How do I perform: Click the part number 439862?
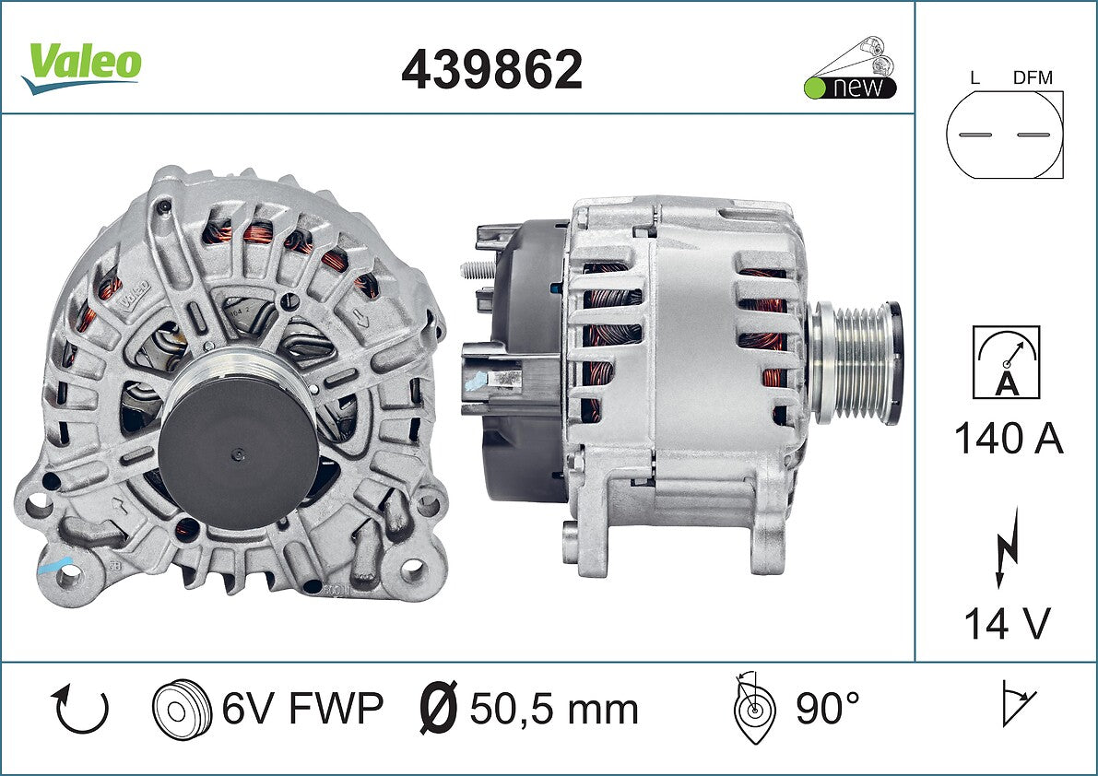[491, 70]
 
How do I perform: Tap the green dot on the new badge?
[814, 88]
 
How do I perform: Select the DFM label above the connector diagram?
[1033, 77]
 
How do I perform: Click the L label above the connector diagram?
[974, 77]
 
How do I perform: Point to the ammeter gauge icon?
[1006, 362]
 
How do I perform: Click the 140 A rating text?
[1009, 439]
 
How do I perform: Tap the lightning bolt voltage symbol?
[1007, 547]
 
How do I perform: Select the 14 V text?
[1008, 623]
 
